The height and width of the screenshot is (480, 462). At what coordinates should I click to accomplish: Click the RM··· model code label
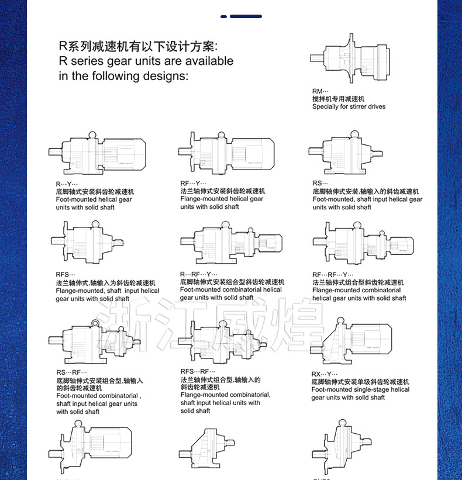click(x=320, y=91)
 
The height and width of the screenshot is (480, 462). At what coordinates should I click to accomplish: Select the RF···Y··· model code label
click(x=193, y=183)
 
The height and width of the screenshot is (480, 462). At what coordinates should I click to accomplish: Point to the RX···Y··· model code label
click(x=325, y=374)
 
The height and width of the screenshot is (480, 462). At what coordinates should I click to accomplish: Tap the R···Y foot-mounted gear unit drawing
click(x=97, y=153)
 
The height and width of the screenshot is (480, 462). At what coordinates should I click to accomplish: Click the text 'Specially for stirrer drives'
click(x=349, y=106)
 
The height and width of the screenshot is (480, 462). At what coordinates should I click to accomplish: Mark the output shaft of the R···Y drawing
click(x=55, y=151)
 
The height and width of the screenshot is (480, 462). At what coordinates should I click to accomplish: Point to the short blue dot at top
click(x=223, y=16)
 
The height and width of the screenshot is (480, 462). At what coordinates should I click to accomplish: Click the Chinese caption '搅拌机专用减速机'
click(x=338, y=99)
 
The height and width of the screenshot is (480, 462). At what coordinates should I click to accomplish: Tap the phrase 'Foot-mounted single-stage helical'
click(x=360, y=389)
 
